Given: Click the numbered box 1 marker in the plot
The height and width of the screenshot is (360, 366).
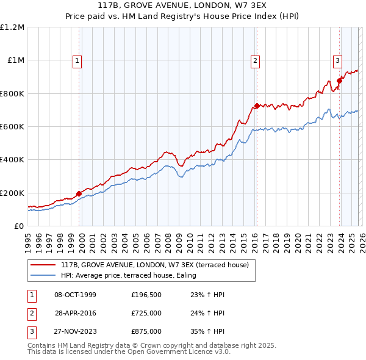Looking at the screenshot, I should [79, 60].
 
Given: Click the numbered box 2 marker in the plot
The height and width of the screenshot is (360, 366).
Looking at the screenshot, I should [254, 60].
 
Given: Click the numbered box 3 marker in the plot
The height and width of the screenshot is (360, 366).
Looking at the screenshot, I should [337, 60].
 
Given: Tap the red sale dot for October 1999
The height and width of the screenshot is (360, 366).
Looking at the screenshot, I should [79, 193].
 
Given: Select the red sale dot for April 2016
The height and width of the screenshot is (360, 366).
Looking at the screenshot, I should [257, 106].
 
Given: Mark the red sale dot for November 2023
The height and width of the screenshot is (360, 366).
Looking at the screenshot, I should [339, 81].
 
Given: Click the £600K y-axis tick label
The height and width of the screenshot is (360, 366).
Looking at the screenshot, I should [12, 127].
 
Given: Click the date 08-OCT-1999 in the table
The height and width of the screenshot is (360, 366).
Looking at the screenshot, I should [75, 295].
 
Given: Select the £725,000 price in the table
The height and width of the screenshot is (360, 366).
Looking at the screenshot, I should [146, 313].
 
